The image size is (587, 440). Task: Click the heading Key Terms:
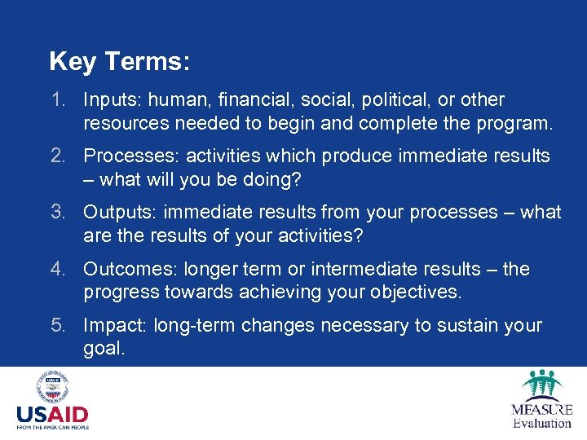119,61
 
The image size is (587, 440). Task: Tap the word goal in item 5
104,349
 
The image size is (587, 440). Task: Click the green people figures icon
542,384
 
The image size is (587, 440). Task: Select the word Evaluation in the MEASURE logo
542,423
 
